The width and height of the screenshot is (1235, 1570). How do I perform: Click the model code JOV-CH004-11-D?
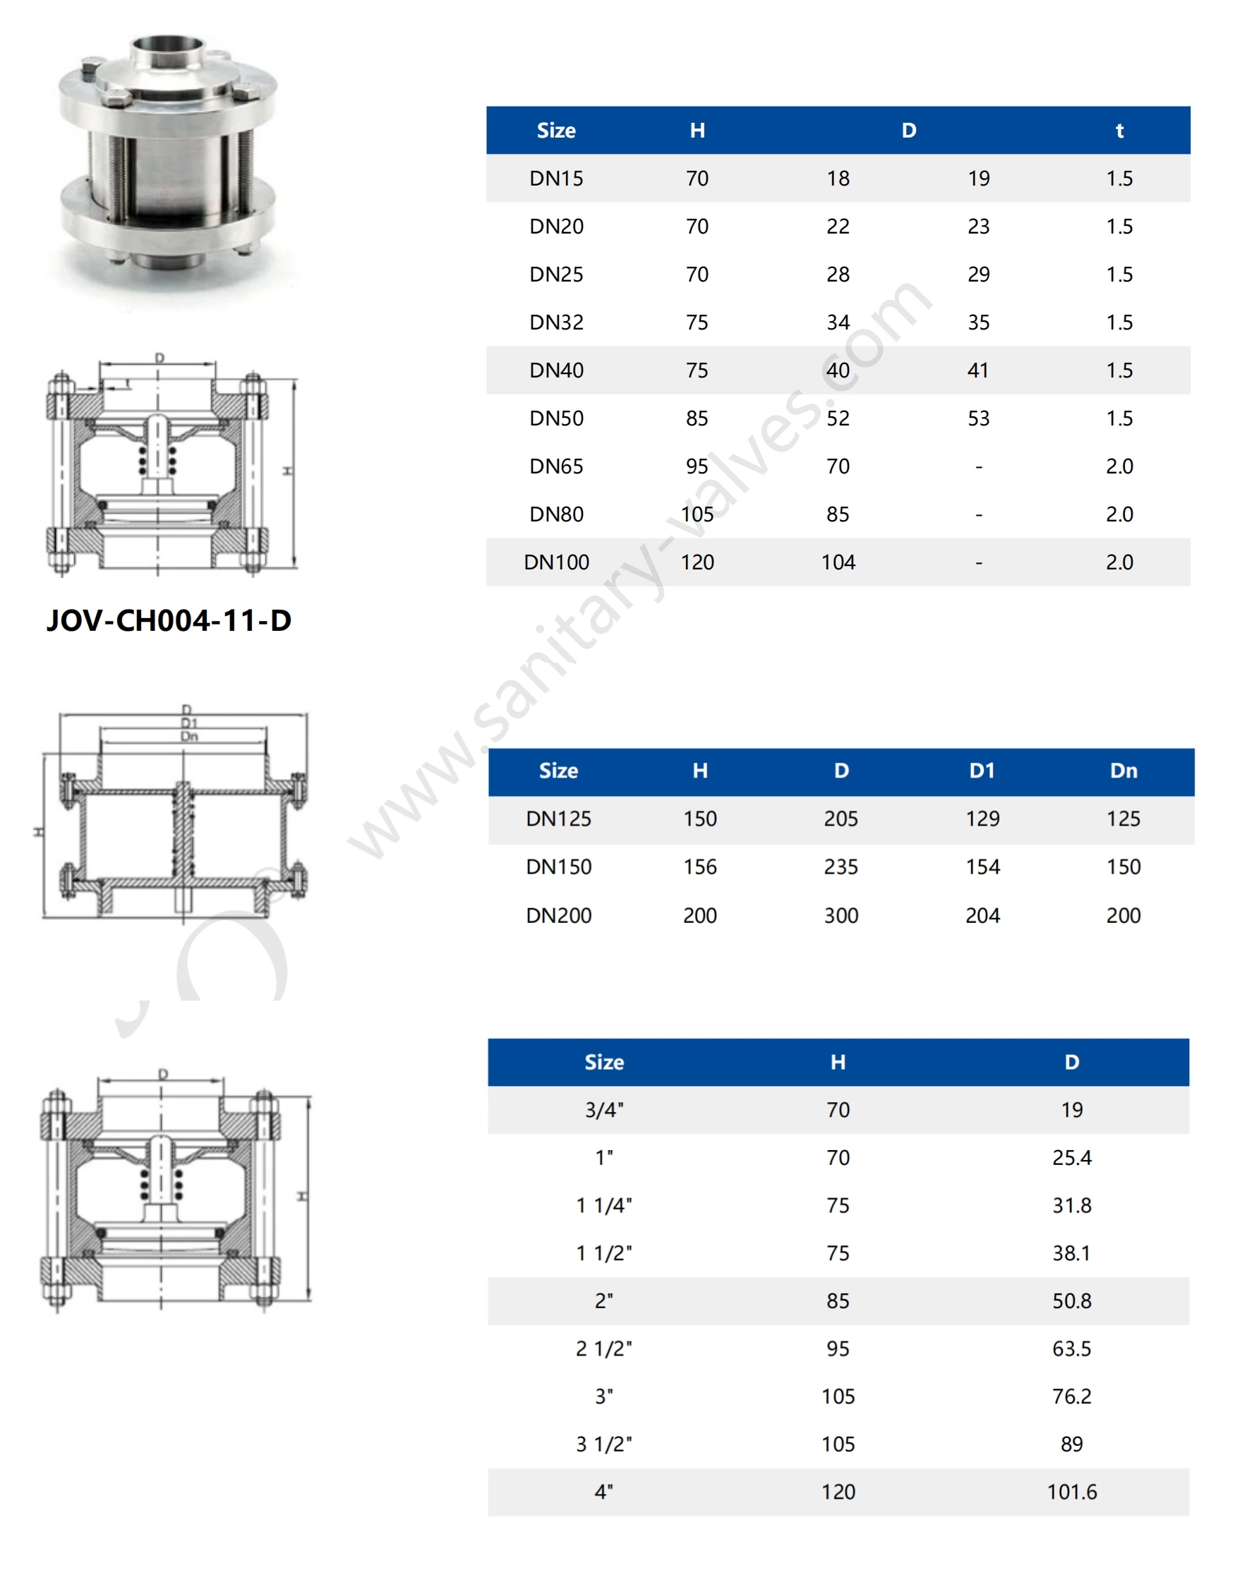[x=169, y=620]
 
